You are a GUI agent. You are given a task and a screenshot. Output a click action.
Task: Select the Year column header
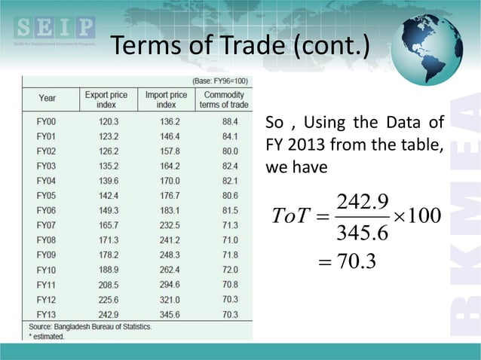[x=47, y=99]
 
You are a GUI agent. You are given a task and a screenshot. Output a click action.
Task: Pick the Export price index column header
[x=105, y=99]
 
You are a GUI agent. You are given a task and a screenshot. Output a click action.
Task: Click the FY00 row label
[x=47, y=121]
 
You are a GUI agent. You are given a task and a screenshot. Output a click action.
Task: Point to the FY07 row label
[x=47, y=225]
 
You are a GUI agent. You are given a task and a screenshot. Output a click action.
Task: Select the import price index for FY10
[x=166, y=270]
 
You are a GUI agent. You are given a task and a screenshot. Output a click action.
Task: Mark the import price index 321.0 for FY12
[x=166, y=299]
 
